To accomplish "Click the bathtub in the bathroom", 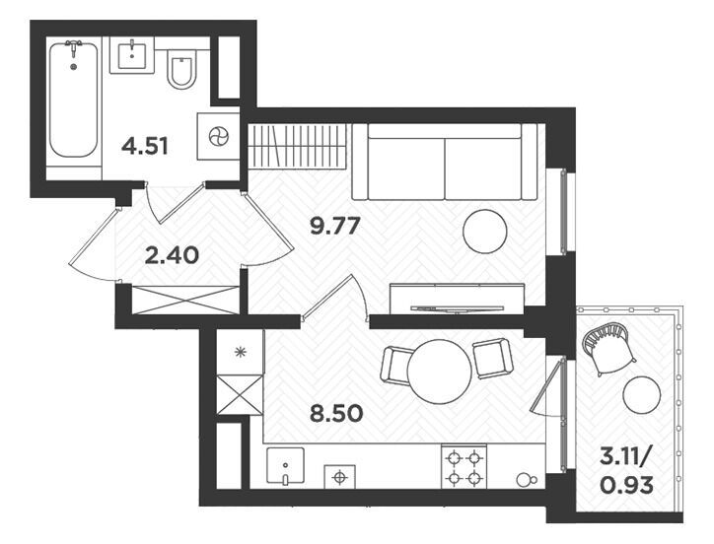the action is tap(73, 101).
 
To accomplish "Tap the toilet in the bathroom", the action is tap(182, 68).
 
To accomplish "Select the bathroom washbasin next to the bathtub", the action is tap(132, 55).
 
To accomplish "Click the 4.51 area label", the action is tap(145, 147).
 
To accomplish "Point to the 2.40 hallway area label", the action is tap(172, 255).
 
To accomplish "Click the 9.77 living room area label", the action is tap(335, 226).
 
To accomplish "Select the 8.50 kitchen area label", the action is tap(336, 413).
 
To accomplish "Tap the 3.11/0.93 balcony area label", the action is tap(626, 471).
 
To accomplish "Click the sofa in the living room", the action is tap(445, 162).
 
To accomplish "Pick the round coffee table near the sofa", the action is tap(485, 232).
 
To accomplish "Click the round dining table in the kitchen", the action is tap(440, 371).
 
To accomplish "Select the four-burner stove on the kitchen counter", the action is tap(464, 467).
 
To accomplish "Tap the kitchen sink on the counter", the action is tap(285, 467).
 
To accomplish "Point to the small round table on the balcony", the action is tap(642, 395).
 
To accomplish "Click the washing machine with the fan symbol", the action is tap(218, 136).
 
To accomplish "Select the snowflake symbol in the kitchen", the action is tap(241, 352).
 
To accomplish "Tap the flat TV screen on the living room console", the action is tap(457, 308).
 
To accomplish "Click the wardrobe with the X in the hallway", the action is tap(184, 300).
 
